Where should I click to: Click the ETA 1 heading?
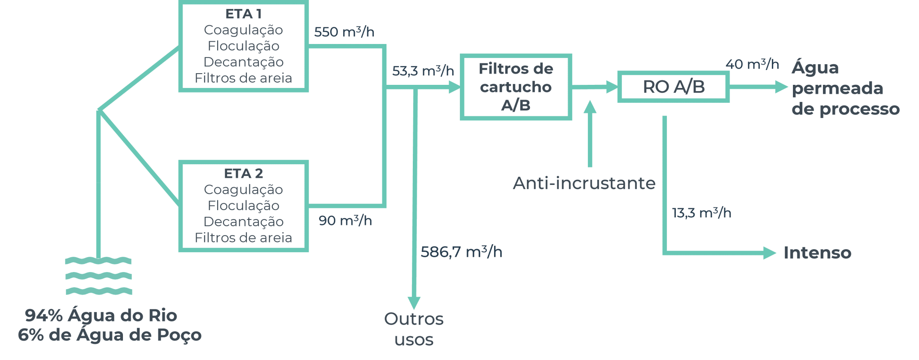click(x=243, y=14)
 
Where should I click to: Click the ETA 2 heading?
click(x=243, y=173)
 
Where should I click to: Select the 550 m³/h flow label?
click(x=344, y=32)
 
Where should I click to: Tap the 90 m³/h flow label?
click(x=345, y=220)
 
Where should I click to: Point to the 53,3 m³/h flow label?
click(x=423, y=71)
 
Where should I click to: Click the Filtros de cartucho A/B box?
click(x=516, y=87)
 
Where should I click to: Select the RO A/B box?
click(x=673, y=87)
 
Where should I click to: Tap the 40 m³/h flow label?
click(x=752, y=64)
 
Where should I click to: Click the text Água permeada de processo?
click(x=845, y=88)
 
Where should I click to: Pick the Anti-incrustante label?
click(x=584, y=183)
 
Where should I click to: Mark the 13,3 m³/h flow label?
click(x=701, y=212)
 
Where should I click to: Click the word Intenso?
click(x=817, y=253)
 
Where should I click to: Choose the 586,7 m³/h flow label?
click(x=461, y=252)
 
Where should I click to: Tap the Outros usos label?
click(x=414, y=329)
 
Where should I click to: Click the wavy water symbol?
click(x=99, y=276)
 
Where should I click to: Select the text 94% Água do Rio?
click(x=101, y=316)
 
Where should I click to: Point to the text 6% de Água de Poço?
click(x=110, y=335)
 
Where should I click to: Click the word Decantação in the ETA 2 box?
click(x=243, y=222)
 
